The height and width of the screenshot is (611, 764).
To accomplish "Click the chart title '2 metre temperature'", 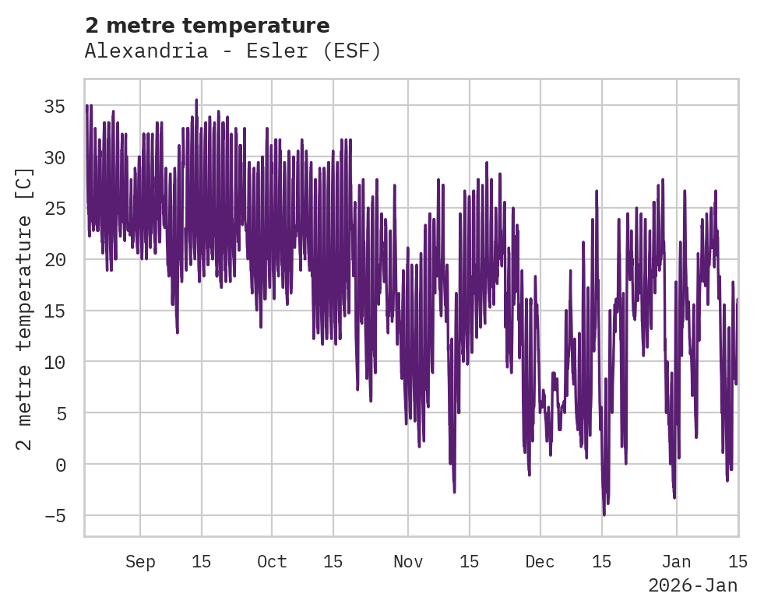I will click(x=207, y=26).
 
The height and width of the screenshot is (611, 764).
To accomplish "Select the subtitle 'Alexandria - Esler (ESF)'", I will click(x=233, y=51).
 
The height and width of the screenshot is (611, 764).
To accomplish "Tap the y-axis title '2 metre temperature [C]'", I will click(x=24, y=308).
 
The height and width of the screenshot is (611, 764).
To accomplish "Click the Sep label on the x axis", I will click(x=140, y=561).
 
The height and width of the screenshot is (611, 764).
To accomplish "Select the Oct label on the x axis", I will click(x=272, y=561).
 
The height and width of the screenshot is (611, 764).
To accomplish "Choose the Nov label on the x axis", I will click(x=407, y=561).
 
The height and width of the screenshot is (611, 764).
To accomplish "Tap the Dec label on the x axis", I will click(x=540, y=561).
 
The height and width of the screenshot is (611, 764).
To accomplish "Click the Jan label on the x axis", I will click(x=676, y=561).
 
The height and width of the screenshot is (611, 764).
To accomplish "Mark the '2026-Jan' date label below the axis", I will click(x=692, y=585).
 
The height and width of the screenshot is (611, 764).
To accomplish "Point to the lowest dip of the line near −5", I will click(x=604, y=514).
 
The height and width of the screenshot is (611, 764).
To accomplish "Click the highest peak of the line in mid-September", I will click(x=196, y=100).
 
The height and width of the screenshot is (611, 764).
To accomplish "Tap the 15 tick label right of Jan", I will click(x=738, y=561).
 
